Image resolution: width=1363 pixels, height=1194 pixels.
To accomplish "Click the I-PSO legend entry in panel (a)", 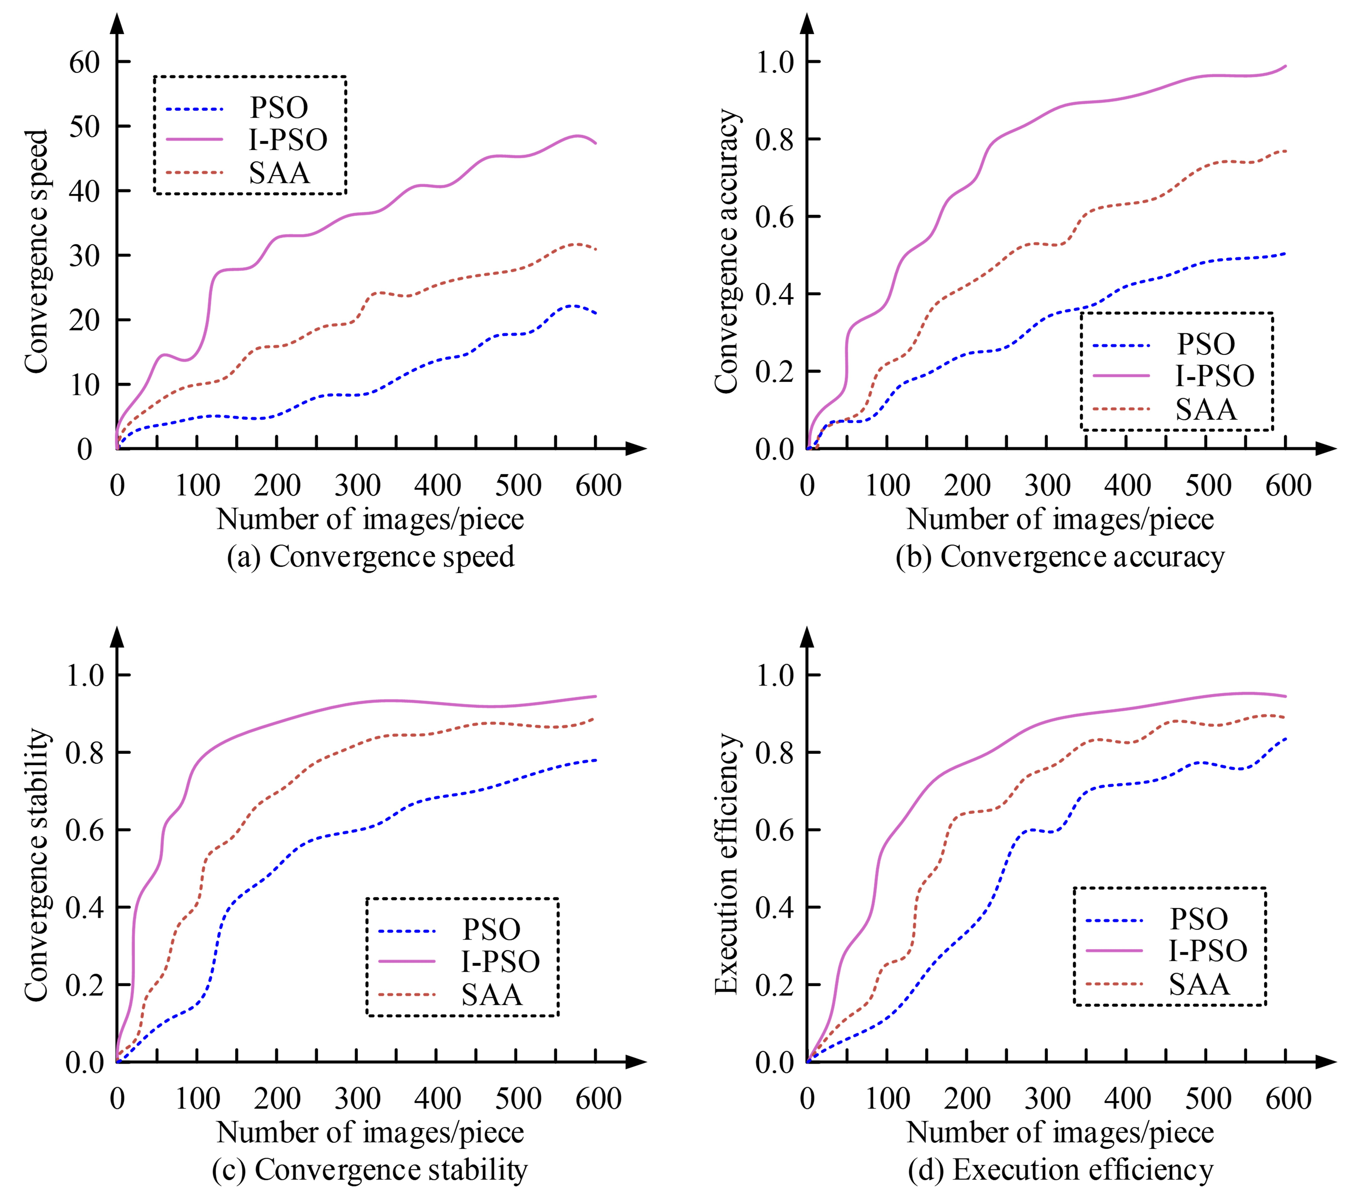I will pos(288,140).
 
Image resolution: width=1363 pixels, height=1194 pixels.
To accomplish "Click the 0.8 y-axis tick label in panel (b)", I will pos(775,140).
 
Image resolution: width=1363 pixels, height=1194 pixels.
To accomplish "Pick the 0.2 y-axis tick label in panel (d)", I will pos(775,985).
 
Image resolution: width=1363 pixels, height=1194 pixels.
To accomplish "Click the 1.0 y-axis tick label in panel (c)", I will pos(85,676).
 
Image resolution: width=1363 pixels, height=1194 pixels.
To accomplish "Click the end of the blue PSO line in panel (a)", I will pos(595,313).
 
